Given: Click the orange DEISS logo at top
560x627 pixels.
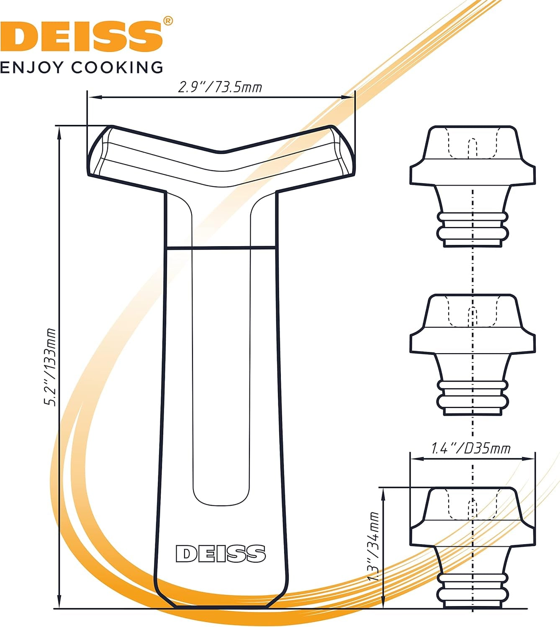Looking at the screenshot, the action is pyautogui.click(x=81, y=37).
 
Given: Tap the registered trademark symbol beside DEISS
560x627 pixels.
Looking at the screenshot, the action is pyautogui.click(x=168, y=21).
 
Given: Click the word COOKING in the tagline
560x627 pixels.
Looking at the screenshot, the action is pyautogui.click(x=117, y=67).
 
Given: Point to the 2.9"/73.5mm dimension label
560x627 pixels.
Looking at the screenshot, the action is pyautogui.click(x=220, y=88).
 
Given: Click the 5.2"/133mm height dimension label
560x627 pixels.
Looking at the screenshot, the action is pyautogui.click(x=50, y=367).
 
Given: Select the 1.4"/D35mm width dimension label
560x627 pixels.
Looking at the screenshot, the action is pyautogui.click(x=471, y=449).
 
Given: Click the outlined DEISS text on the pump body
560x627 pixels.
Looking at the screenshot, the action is pyautogui.click(x=221, y=553).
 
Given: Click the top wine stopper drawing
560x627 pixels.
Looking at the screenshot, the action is pyautogui.click(x=472, y=186).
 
